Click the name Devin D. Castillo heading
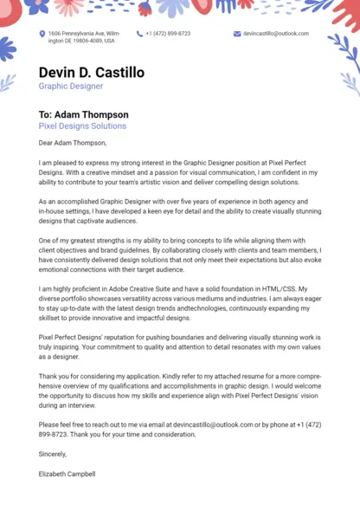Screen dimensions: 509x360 pos(91,72)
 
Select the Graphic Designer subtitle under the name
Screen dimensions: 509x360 pos(70,87)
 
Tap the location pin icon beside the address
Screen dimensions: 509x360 pos(42,34)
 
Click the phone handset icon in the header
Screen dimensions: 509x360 pos(138,34)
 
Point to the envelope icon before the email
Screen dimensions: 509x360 pos(236,34)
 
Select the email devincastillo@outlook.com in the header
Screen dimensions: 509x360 pos(275,34)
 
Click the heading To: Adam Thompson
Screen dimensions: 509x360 pos(83,114)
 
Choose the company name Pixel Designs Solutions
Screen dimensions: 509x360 pos(82,126)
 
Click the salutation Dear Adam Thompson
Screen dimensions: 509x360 pos(72,143)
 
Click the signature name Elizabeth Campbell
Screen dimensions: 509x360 pos(67,474)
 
